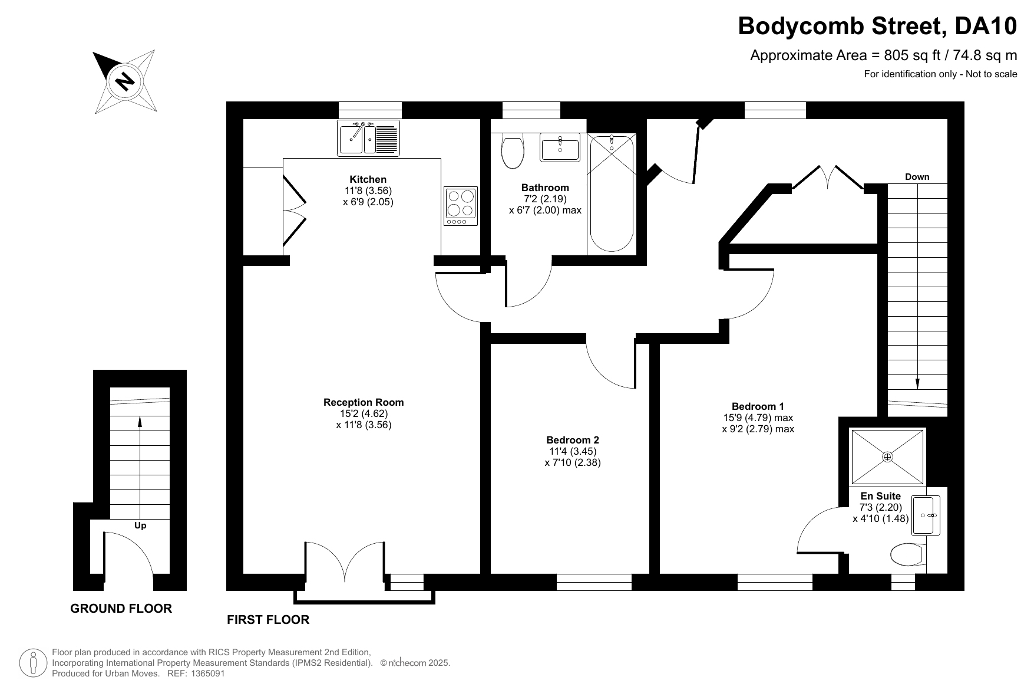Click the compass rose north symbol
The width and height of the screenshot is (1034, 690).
[x=124, y=81]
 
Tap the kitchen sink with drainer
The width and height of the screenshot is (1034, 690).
[x=368, y=138]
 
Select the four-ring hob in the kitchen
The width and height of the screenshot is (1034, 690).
[x=461, y=206]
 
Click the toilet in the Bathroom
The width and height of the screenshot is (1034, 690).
[x=512, y=150]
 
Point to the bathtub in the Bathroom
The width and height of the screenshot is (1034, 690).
[x=612, y=193]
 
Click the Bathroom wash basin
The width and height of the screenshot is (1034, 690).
[x=560, y=147]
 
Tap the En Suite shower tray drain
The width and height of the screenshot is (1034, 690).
[x=888, y=456]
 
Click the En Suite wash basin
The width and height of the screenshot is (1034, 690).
[x=926, y=515]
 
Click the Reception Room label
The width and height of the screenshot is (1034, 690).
[x=364, y=402]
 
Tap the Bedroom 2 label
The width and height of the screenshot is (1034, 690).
[x=573, y=440]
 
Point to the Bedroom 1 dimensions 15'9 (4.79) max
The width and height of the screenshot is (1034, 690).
[x=758, y=418]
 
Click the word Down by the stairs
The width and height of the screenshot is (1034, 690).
[x=917, y=176]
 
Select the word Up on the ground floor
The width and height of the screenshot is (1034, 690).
[x=140, y=525]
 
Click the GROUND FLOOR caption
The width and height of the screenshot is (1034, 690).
[x=121, y=609]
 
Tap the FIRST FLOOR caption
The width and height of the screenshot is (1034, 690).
[x=268, y=620]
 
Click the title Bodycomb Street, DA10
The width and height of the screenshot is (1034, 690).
[x=878, y=26]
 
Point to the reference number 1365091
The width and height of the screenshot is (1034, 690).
[x=206, y=673]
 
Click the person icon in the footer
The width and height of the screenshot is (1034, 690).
[x=34, y=663]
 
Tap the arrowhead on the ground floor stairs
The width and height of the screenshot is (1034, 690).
[x=140, y=421]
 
